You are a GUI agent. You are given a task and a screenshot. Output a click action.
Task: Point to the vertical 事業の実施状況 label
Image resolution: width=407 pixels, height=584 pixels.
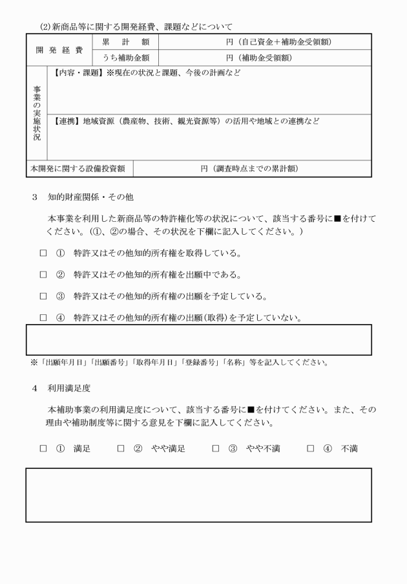coord(37,113)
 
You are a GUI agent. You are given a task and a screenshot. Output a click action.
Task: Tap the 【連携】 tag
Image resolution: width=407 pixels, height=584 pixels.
coord(67,121)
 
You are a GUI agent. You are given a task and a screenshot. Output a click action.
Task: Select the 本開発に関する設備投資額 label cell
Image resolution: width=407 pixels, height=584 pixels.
coord(79,169)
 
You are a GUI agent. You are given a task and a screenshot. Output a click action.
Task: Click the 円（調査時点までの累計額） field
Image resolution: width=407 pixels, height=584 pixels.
coord(253,169)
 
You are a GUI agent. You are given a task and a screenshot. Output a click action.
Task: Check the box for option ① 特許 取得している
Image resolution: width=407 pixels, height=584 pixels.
coord(43,253)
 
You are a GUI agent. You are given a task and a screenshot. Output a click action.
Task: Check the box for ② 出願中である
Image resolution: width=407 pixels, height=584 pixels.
coord(43,275)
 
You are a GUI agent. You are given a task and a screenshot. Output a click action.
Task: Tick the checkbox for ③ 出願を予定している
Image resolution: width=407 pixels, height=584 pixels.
coord(43,296)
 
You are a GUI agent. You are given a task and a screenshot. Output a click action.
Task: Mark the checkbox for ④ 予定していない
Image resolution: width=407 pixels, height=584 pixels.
coord(43,318)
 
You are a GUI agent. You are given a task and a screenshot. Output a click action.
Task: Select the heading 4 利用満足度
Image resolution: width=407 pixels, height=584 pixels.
coord(67,388)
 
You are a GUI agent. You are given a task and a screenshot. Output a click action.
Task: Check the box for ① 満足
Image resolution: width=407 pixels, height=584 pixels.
coord(43,448)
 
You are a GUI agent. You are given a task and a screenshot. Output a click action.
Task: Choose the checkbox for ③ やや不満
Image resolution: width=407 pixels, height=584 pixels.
coord(216,448)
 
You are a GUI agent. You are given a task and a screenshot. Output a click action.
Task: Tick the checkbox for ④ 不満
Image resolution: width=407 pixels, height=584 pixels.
coord(311,448)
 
